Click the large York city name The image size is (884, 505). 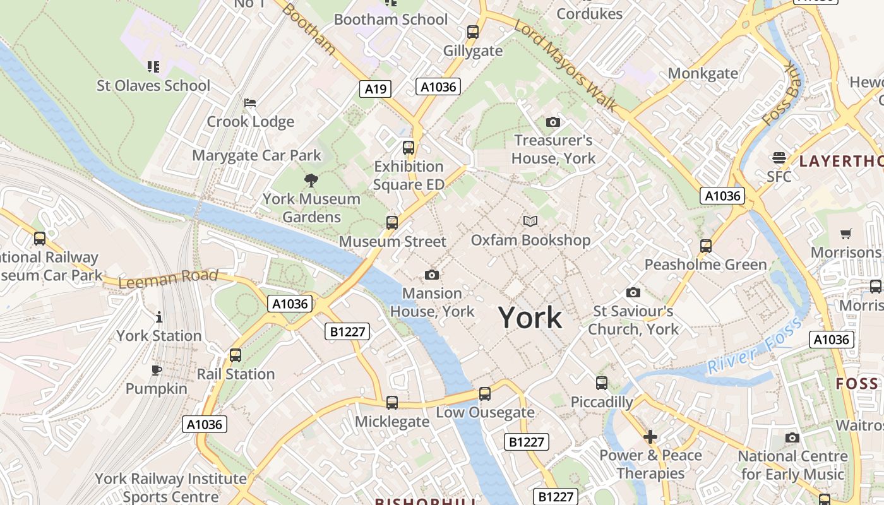pos(530,318)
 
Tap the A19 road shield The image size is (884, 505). pos(376,89)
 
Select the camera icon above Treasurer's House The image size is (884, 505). pos(552,122)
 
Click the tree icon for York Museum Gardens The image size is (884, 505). pos(311,181)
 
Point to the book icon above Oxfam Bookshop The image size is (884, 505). pos(530,221)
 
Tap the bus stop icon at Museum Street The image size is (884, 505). pos(392,222)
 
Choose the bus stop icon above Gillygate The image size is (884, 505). pos(473,32)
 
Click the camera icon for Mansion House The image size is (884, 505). pos(432,275)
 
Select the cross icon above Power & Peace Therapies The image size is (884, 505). pos(650,436)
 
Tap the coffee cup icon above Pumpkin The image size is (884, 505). pos(157,370)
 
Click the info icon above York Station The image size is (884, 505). pos(159,317)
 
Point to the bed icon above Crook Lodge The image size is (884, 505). pos(250,102)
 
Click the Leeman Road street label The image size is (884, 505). pos(168,279)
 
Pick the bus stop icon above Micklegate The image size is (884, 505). pos(392,403)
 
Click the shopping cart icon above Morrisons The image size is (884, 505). pos(846,234)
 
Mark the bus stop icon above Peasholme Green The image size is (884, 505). pos(706,246)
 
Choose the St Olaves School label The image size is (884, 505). pos(153,85)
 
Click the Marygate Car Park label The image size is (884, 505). pos(256,155)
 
